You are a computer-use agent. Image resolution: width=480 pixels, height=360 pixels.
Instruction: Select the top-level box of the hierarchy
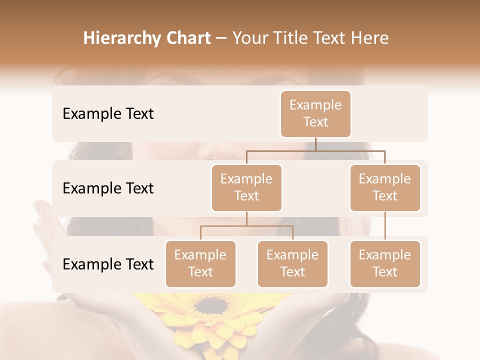point(315,113)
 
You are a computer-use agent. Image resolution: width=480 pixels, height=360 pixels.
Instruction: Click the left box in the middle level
point(246,187)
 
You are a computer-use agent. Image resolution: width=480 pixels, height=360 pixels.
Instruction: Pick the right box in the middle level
point(385,187)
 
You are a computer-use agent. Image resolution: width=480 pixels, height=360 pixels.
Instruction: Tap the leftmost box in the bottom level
point(200,263)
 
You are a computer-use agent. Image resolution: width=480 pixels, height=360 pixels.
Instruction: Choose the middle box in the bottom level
point(292,263)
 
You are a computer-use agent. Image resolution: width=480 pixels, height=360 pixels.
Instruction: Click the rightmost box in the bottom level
point(385,263)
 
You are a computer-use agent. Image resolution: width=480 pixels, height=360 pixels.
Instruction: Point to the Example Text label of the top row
point(108,114)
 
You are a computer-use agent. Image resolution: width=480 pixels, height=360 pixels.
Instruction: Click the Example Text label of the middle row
point(108,188)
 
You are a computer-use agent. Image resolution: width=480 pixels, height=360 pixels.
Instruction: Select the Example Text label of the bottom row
point(108,264)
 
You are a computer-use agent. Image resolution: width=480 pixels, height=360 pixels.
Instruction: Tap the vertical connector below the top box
point(315,144)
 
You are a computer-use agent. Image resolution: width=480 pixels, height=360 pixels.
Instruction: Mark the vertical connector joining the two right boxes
point(385,226)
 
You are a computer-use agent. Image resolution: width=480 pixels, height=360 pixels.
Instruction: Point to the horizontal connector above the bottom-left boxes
point(246,226)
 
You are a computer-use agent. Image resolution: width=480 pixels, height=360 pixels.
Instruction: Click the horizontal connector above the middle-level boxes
point(315,150)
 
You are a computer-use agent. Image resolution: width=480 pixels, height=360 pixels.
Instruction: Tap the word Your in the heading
point(248,38)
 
